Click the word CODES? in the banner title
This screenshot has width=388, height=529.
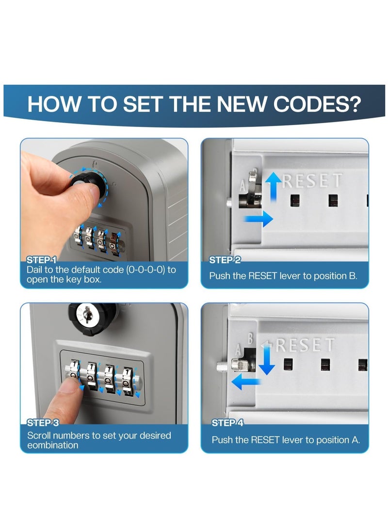[x=317, y=104]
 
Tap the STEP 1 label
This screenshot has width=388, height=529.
[x=41, y=260]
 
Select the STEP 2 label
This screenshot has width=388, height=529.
[x=225, y=260]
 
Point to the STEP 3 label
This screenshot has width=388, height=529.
[x=43, y=423]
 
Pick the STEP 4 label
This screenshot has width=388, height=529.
[x=227, y=423]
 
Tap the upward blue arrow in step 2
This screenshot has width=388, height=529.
[x=273, y=187]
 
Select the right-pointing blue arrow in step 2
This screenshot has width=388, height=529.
[x=259, y=219]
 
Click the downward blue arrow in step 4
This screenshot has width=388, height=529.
[x=267, y=360]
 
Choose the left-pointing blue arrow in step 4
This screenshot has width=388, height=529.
[x=246, y=381]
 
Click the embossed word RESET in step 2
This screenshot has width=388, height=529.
[x=312, y=180]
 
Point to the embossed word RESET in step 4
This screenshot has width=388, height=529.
[x=306, y=345]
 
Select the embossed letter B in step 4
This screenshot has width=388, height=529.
[x=250, y=338]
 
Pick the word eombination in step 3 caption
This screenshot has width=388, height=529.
[x=53, y=445]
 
